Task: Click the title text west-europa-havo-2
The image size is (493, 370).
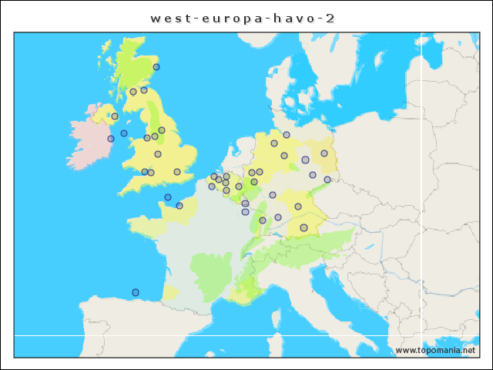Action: (x=243, y=18)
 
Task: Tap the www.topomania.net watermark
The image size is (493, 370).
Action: (x=435, y=351)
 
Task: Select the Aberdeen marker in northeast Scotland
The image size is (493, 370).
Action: (x=156, y=67)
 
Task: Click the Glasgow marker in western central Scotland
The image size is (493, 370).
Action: (x=133, y=92)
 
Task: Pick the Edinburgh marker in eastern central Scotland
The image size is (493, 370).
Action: (x=144, y=90)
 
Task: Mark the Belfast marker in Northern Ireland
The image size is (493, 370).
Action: (x=115, y=116)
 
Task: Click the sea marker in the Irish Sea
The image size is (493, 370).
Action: (x=124, y=133)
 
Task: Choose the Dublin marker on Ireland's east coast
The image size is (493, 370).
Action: (x=111, y=139)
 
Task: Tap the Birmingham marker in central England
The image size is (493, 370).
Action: (x=158, y=154)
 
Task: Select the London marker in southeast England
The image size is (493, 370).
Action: (x=177, y=172)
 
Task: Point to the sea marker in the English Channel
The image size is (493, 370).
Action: (x=168, y=197)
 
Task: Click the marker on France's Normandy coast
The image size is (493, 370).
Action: (x=179, y=206)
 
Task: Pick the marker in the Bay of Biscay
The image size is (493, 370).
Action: (x=136, y=292)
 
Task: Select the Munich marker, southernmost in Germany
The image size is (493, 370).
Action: (x=304, y=227)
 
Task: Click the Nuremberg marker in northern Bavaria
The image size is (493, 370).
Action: (x=298, y=207)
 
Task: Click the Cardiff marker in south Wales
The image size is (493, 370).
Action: (x=145, y=172)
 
